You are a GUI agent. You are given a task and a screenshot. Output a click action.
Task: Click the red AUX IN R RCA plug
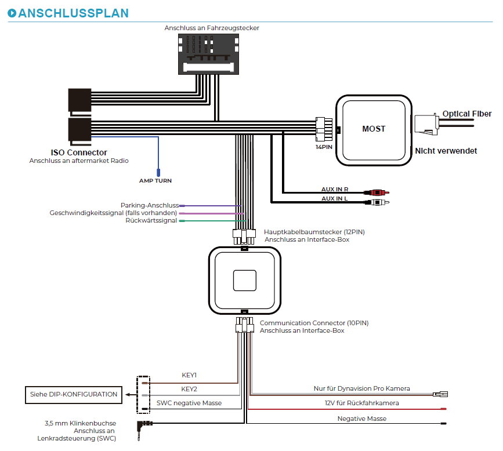point(377,192)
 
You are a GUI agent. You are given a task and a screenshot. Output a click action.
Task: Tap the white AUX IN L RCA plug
point(377,202)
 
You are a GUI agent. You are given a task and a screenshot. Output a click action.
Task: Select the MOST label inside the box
point(374,129)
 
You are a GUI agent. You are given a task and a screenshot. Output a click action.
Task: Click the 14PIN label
point(324,147)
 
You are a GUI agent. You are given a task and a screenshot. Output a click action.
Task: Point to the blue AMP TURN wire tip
point(158,173)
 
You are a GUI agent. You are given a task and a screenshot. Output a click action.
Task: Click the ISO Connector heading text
point(79,152)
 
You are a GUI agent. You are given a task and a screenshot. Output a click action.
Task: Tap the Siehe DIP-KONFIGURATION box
point(74,395)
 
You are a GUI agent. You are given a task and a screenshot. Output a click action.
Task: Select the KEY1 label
point(189,375)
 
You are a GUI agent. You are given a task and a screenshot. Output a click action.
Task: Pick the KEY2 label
point(189,389)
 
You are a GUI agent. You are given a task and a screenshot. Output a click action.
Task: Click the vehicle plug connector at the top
point(208,54)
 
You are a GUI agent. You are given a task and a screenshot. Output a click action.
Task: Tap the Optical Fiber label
point(467,114)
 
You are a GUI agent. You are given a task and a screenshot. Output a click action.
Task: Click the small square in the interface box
point(245,281)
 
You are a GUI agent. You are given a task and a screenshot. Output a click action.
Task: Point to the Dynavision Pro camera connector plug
point(440,394)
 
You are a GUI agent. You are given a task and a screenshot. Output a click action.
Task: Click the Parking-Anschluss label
point(150,205)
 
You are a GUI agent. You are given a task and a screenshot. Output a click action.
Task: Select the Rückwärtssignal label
point(151,220)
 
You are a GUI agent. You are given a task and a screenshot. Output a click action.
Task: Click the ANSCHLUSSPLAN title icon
point(12,13)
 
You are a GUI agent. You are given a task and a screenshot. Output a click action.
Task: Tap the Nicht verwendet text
point(446,151)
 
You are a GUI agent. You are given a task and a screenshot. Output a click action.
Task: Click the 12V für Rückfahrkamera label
point(362,403)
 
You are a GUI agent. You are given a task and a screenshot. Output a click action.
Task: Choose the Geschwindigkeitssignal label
point(113,213)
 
